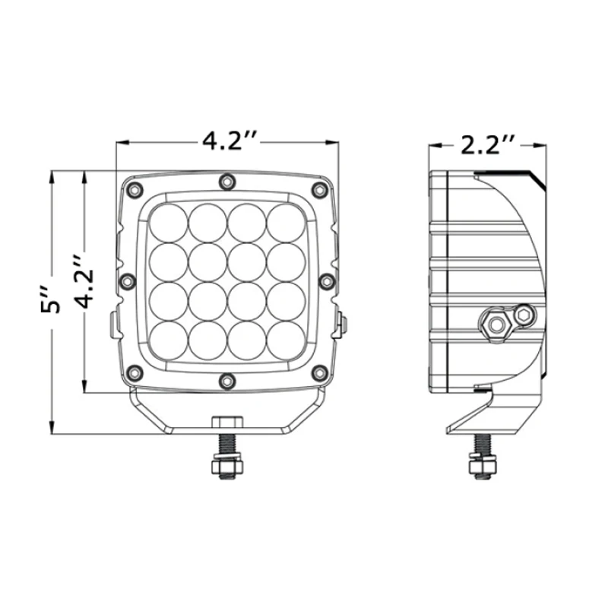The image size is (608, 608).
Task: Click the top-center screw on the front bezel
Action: tap(226, 181)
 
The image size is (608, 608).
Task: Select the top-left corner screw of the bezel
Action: tap(135, 188)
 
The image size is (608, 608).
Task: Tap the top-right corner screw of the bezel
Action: tap(318, 188)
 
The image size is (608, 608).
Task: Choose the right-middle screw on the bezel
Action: tap(326, 280)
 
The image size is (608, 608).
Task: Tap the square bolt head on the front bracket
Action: tap(226, 423)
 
